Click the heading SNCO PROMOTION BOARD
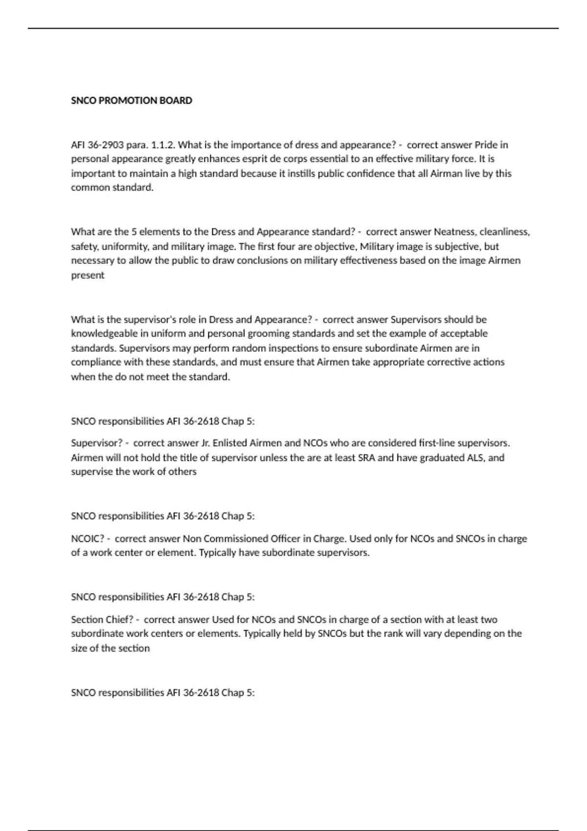click(132, 101)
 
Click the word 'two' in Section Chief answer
click(489, 620)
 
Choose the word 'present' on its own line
click(88, 275)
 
